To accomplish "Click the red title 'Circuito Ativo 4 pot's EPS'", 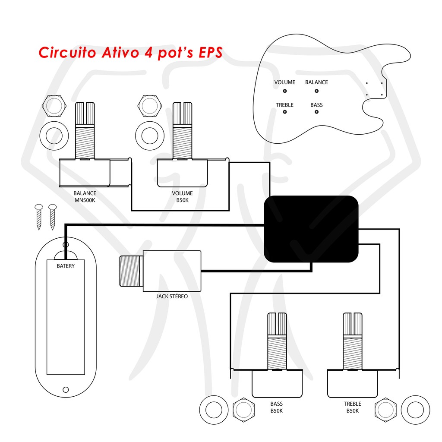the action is point(130,52).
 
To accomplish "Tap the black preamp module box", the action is point(311,229).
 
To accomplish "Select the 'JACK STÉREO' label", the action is point(172,296).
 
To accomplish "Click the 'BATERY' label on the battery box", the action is point(66,266).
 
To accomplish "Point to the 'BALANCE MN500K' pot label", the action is point(85,197).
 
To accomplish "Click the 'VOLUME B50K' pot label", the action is point(183,197).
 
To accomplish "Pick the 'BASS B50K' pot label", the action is point(277,407).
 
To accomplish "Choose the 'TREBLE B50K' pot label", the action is point(352,407).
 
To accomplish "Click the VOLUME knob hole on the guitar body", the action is point(285,91).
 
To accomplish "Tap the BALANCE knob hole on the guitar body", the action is point(316,91).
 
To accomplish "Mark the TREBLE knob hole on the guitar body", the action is point(285,112).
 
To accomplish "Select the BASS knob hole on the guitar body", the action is point(316,112).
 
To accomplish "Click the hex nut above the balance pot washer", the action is point(54,106).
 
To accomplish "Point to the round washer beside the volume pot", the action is point(150,136).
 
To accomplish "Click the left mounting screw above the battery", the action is point(39,217).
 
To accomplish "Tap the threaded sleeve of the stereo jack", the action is point(131,271).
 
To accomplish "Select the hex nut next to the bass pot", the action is point(243,410).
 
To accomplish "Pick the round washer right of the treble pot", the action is point(416,410).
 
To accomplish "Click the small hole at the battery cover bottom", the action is point(66,390).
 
